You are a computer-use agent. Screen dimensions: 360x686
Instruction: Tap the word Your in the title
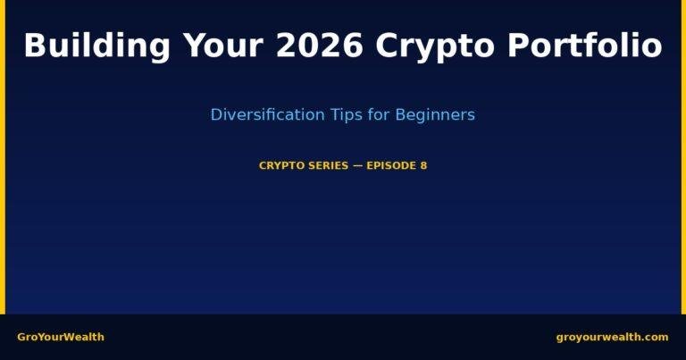click(224, 46)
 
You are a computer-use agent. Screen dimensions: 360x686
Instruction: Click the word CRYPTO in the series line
click(280, 165)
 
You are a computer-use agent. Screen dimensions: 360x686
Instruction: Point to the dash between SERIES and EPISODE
click(358, 165)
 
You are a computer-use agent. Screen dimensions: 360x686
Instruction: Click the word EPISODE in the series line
click(391, 165)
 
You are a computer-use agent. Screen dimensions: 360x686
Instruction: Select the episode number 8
click(423, 165)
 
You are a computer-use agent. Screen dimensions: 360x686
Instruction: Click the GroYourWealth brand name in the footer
click(61, 337)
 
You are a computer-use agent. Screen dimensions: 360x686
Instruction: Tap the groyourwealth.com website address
click(612, 337)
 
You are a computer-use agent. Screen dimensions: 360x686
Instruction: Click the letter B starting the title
click(34, 46)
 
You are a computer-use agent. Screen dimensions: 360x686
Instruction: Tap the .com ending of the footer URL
click(654, 337)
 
